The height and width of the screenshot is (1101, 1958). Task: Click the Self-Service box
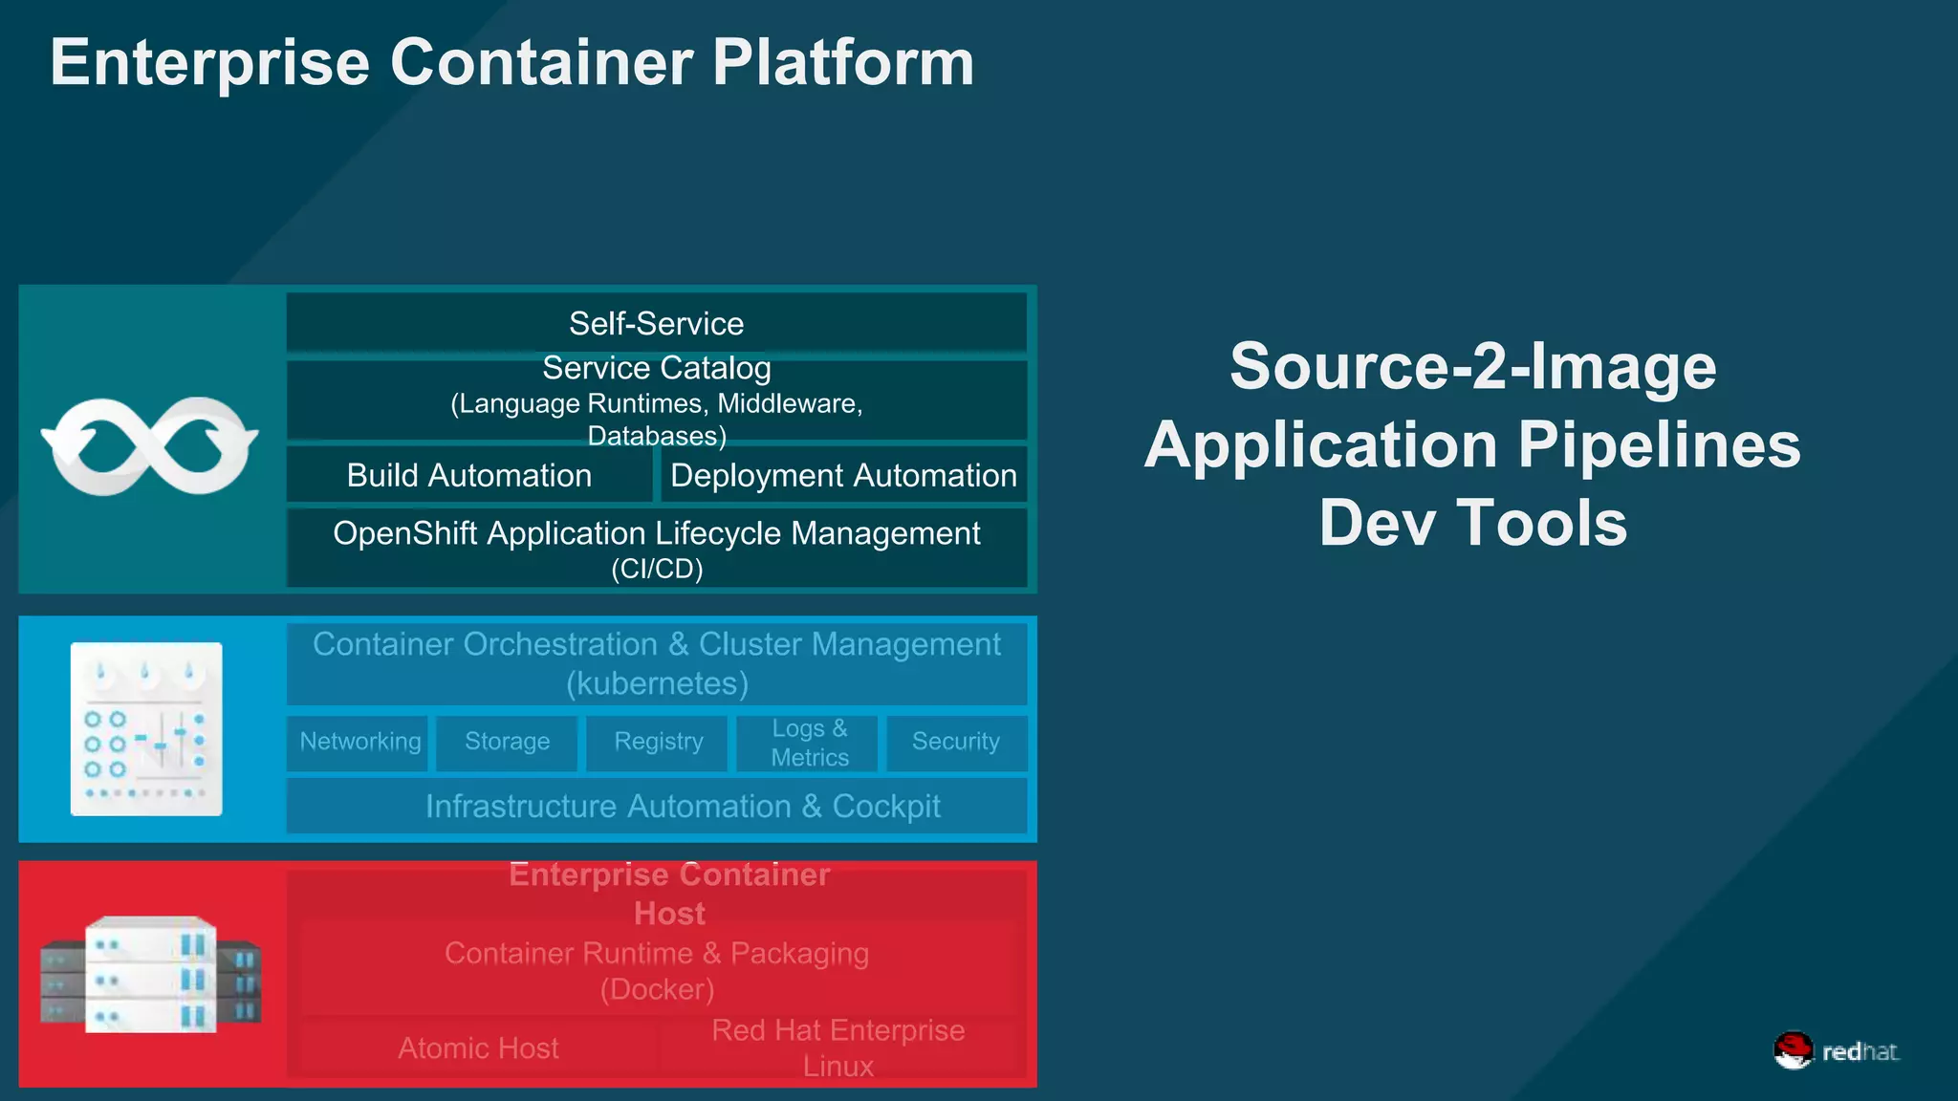[x=656, y=323]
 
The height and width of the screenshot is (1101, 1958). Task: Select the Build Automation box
[x=468, y=475]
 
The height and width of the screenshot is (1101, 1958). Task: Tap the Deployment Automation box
[x=843, y=475]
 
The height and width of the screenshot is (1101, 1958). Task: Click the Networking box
[x=359, y=742]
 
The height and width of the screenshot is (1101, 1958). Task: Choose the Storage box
[x=507, y=742]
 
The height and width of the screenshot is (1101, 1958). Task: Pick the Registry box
[x=658, y=742]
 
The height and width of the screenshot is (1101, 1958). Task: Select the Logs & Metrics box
[x=809, y=743]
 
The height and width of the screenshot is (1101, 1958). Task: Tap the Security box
[x=955, y=742]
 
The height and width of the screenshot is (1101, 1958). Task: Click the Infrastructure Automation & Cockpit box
[x=683, y=807]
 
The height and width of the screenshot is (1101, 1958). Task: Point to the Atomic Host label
[x=478, y=1048]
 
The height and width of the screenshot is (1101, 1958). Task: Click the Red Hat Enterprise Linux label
[x=838, y=1047]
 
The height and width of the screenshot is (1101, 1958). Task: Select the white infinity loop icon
[x=149, y=445]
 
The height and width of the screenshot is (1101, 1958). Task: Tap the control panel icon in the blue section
[x=146, y=729]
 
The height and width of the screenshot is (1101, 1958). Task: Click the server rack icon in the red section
[x=150, y=975]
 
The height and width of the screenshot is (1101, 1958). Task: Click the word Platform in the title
[x=843, y=63]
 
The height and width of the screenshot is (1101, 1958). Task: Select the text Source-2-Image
[x=1472, y=366]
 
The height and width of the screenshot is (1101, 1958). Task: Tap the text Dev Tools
[x=1472, y=523]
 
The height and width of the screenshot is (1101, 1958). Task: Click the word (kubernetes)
[x=657, y=684]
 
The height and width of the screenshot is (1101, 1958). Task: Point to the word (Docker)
[x=657, y=989]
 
